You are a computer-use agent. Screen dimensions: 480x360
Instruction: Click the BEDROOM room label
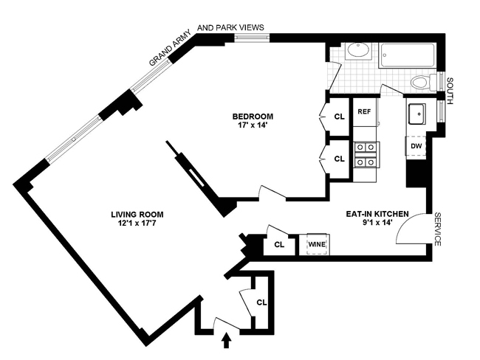click(253, 117)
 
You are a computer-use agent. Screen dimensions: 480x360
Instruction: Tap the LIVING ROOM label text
click(137, 215)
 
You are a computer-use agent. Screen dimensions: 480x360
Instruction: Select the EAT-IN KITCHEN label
click(377, 214)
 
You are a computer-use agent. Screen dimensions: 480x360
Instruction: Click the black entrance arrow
click(226, 340)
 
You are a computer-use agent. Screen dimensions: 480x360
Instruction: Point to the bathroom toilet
click(423, 83)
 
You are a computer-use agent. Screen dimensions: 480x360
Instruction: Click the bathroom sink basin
click(358, 51)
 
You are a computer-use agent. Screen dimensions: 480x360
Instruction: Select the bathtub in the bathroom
click(408, 55)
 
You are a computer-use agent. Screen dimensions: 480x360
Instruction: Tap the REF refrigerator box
click(364, 112)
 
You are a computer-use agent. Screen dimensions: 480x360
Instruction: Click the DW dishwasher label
click(416, 146)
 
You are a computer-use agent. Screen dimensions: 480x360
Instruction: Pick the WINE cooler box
click(318, 244)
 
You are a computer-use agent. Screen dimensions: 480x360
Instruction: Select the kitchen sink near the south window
click(416, 114)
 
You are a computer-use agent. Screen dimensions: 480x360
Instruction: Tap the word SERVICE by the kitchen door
click(438, 229)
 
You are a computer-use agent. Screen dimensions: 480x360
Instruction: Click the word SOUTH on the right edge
click(450, 91)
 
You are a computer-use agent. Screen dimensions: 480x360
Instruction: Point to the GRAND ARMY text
click(170, 47)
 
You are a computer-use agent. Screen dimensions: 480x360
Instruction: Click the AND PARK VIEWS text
click(230, 27)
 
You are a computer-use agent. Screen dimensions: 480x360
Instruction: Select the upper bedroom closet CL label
click(339, 117)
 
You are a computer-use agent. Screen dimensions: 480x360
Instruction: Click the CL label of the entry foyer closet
click(261, 302)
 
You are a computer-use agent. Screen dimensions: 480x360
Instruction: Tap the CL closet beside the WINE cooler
click(279, 245)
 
